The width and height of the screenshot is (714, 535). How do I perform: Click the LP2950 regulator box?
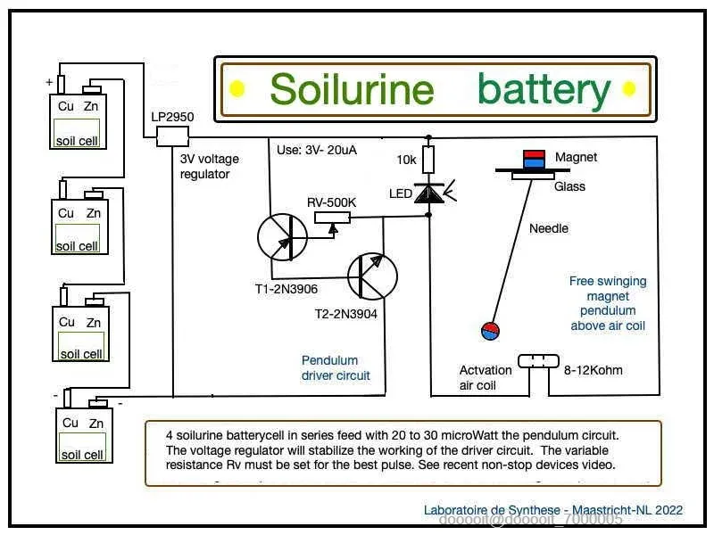point(172,136)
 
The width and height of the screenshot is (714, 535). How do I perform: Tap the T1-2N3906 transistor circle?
point(282,237)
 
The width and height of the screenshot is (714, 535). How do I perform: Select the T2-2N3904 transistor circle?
point(372,277)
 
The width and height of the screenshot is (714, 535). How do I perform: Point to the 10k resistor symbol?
point(428,160)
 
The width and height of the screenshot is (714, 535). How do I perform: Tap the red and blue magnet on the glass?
point(533,159)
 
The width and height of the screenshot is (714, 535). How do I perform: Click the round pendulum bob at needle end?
point(490,331)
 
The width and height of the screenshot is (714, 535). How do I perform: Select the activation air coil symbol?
point(538,361)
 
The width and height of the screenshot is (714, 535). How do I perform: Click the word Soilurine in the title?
point(352,89)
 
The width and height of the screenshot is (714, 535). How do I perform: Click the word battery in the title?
point(544,89)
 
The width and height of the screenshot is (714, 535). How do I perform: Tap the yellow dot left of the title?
point(237,88)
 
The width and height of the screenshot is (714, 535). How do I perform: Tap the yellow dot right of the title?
point(628,88)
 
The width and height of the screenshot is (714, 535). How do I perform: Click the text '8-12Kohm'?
point(594,370)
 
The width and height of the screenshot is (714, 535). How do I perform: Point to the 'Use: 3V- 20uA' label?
point(317,150)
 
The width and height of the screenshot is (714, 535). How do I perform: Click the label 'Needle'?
point(549,228)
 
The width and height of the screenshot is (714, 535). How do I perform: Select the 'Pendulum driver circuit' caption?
point(329,368)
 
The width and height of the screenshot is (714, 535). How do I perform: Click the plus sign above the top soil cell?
point(49,82)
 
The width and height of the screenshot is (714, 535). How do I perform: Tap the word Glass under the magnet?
point(570,186)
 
